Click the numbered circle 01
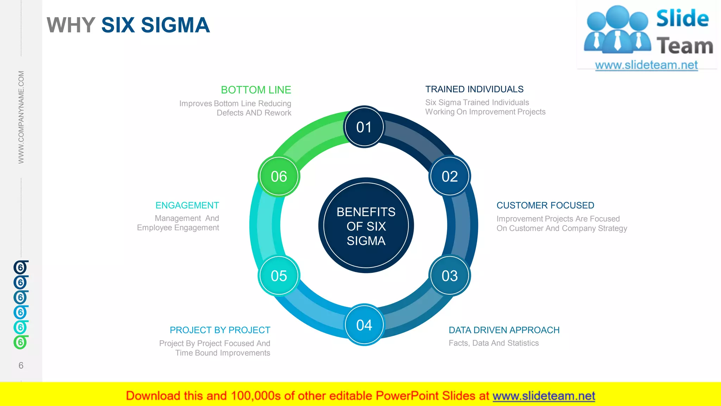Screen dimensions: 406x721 tap(364, 127)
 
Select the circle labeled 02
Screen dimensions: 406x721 tap(450, 176)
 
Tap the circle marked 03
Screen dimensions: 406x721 tap(450, 276)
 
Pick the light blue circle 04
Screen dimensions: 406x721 tap(364, 325)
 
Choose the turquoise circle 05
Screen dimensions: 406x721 tap(279, 276)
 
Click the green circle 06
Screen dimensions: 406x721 tap(279, 176)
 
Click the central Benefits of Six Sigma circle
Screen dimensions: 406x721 tap(366, 226)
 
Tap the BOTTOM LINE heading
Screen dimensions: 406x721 tap(256, 90)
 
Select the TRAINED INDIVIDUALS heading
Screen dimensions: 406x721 tap(474, 89)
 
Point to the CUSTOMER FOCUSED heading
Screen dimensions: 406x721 tap(545, 205)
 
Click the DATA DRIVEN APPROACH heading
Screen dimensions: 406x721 tap(504, 330)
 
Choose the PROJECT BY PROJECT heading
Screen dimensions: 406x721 tap(220, 330)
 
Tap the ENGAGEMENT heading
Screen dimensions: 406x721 tap(187, 205)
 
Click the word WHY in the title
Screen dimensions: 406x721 tap(71, 25)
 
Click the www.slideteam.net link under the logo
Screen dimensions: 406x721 tap(646, 65)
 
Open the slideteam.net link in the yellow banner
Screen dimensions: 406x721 tap(544, 396)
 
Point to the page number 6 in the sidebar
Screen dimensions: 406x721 tap(21, 365)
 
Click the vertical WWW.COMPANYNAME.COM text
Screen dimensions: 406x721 tap(21, 117)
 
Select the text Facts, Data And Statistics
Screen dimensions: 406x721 tap(494, 343)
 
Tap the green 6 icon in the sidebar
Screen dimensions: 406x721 tap(20, 342)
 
